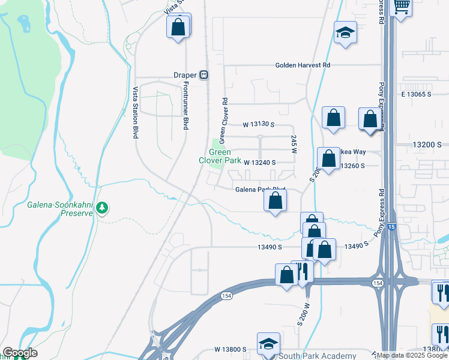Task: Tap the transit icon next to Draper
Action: (204, 75)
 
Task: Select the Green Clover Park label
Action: (220, 156)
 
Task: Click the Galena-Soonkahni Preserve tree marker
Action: (103, 208)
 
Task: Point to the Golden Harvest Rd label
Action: (303, 65)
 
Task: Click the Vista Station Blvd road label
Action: (136, 112)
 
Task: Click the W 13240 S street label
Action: (259, 162)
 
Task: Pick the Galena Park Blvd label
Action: (259, 189)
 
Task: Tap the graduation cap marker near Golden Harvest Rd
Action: (345, 32)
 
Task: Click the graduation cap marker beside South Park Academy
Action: (268, 343)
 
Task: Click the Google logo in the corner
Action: (20, 353)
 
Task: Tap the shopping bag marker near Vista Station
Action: (178, 26)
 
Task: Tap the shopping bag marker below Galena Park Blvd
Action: (275, 200)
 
